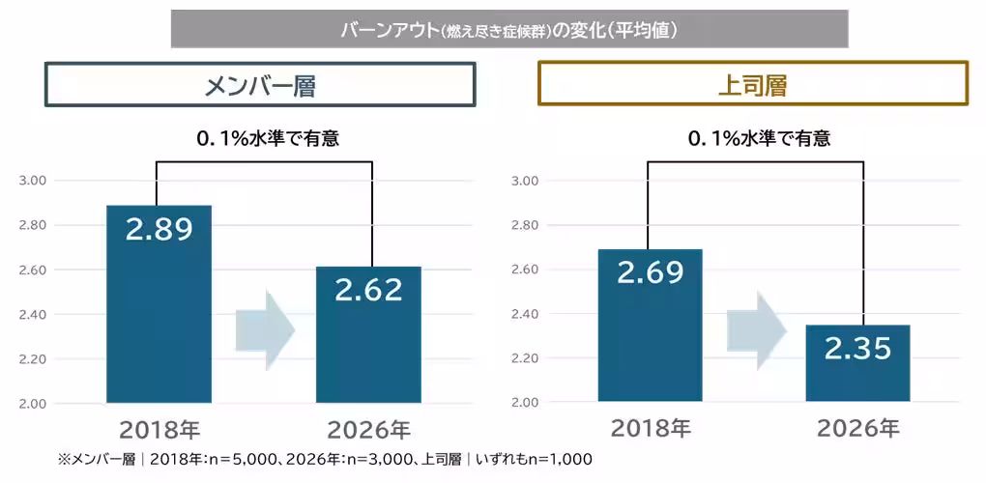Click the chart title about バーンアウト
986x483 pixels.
point(509,30)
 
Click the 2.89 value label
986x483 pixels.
point(159,230)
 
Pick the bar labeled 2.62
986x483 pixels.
point(368,335)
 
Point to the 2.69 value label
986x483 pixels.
point(650,273)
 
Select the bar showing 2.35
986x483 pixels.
point(857,363)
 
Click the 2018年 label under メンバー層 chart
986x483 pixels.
point(159,431)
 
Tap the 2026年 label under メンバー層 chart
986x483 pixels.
point(369,431)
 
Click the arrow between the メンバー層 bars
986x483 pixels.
point(266,330)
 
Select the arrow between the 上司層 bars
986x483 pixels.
point(757,330)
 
